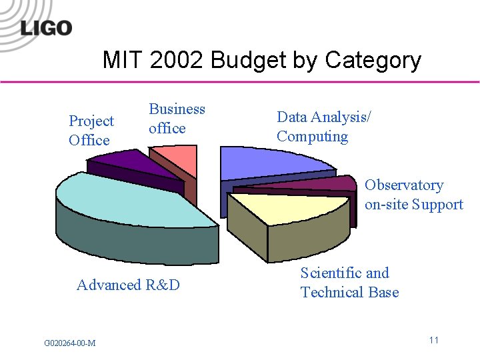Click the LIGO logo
[x=46, y=27]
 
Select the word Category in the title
[x=373, y=61]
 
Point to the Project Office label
[x=91, y=131]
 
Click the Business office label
[x=177, y=119]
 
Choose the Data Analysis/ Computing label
[x=324, y=127]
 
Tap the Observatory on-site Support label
[x=413, y=195]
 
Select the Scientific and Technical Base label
[x=349, y=283]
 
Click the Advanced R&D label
[x=128, y=285]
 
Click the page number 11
[x=433, y=341]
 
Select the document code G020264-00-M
[x=69, y=343]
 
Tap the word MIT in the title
[x=123, y=61]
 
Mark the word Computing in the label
[x=312, y=137]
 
